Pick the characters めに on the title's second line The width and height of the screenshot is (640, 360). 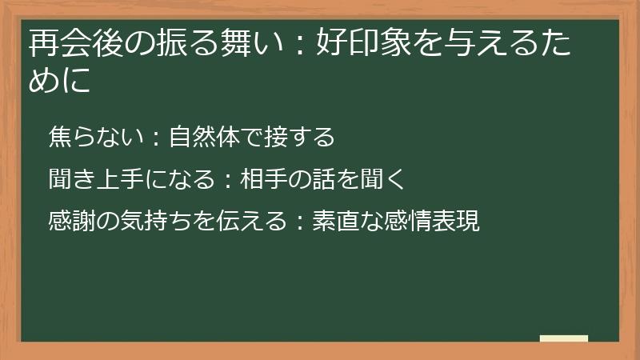(x=59, y=81)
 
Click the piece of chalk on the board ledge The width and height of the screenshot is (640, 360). (x=564, y=338)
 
